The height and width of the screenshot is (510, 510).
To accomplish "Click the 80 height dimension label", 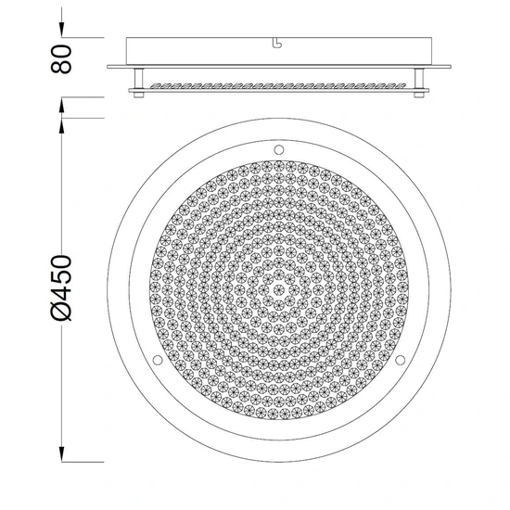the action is pos(61,58).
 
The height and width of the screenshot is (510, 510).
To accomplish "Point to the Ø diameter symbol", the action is pos(61,312).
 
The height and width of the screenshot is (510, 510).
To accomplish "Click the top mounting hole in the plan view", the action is pos(279,150).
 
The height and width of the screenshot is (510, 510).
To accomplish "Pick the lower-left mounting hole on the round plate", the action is pos(158,360).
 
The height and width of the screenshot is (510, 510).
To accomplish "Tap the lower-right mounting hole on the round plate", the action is pos(400,360).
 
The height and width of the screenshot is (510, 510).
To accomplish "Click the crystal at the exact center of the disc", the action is pos(279,289).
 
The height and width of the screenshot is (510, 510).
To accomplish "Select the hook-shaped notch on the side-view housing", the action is pos(277,44).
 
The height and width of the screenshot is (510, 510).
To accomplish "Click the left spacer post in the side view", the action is pos(139,79).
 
